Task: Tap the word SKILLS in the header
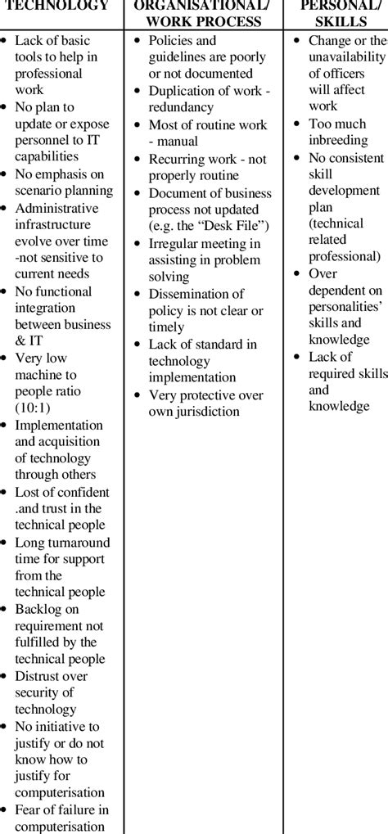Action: pyautogui.click(x=340, y=20)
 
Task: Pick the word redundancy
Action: pyautogui.click(x=181, y=107)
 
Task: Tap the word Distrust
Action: pyautogui.click(x=40, y=676)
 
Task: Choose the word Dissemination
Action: pyautogui.click(x=196, y=293)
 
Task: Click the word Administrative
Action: pyautogui.click(x=56, y=207)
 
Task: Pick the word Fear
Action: pyautogui.click(x=29, y=809)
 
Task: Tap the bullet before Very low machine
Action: pyautogui.click(x=7, y=358)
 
